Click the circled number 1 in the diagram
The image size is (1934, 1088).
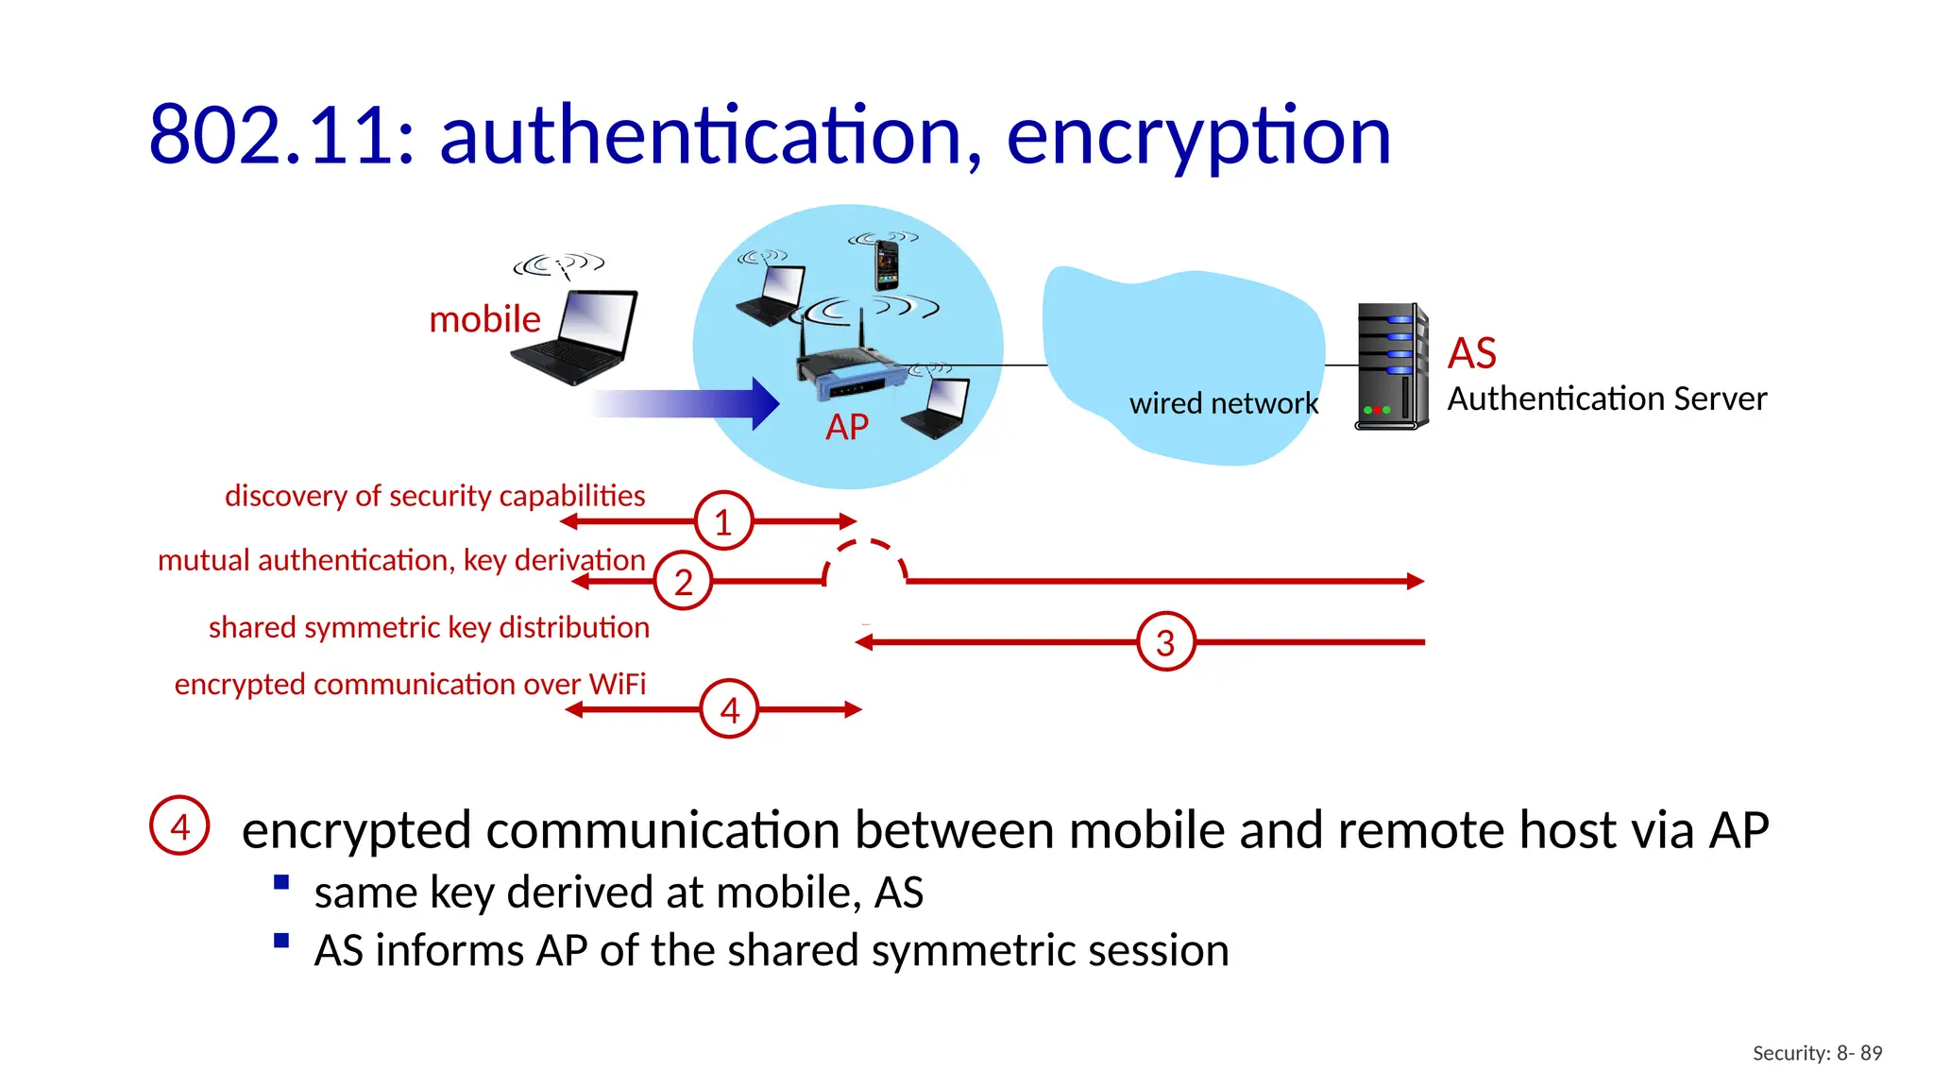[723, 521]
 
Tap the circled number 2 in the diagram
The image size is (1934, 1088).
[683, 582]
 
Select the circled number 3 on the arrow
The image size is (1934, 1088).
[1165, 642]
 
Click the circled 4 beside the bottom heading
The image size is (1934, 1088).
[179, 826]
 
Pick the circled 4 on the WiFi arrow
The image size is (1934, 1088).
[729, 709]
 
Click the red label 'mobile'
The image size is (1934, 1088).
[484, 319]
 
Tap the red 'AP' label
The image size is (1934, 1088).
[846, 427]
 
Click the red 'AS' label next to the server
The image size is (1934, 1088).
[1471, 353]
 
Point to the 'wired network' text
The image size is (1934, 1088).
[1223, 403]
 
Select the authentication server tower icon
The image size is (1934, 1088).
[1390, 366]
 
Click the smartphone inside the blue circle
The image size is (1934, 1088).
[886, 264]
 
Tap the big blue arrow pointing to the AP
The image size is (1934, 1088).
[689, 403]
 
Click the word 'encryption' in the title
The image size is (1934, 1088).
[1197, 136]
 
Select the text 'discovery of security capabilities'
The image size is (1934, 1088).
[434, 496]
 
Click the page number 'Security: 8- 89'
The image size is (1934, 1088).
[1817, 1053]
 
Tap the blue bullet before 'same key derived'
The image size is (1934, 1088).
[280, 883]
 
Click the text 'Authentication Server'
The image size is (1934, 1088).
[1606, 399]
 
